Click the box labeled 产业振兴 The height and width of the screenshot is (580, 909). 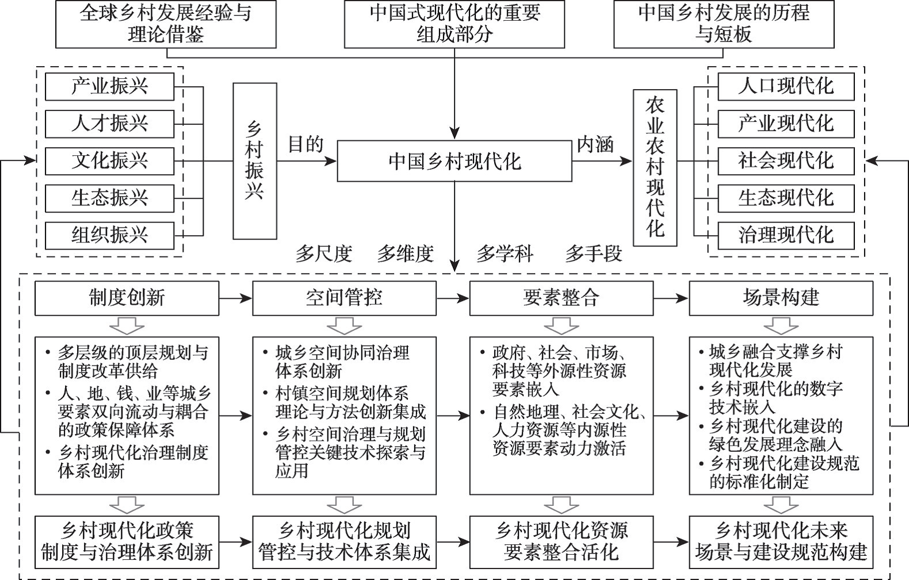tap(109, 86)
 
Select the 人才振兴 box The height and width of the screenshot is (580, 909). tap(109, 124)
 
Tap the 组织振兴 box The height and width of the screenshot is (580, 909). tap(109, 235)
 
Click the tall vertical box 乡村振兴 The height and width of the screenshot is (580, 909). tap(255, 161)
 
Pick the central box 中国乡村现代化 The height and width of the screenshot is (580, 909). tap(454, 161)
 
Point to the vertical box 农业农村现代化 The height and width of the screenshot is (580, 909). tap(655, 167)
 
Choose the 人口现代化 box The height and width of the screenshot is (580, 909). tap(786, 86)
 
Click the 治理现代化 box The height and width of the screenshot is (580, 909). tap(786, 235)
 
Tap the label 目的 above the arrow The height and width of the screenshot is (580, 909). tap(305, 144)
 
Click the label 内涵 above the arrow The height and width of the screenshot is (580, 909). tap(595, 144)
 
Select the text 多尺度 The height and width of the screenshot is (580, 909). tap(324, 254)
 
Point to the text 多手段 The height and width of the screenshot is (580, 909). tap(594, 254)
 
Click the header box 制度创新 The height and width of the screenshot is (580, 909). tap(127, 298)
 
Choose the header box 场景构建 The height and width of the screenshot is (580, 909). tap(781, 298)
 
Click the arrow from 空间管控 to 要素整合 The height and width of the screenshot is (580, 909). tap(453, 299)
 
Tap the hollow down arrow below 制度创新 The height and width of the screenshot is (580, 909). tap(127, 326)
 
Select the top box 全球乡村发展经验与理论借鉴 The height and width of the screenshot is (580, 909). tap(166, 24)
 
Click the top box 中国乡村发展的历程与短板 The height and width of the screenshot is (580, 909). tap(724, 24)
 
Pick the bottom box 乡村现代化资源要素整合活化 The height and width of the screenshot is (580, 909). tap(562, 542)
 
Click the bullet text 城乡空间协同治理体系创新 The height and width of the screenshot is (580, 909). tap(342, 362)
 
